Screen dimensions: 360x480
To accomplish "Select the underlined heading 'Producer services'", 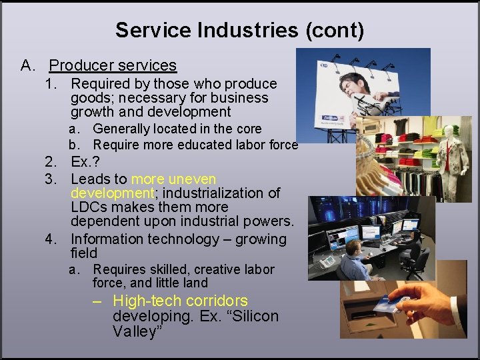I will (113, 65).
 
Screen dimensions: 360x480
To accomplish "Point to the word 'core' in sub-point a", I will (247, 129).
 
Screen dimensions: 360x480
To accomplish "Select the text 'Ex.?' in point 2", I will (86, 163).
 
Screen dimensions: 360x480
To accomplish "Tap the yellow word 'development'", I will (112, 193).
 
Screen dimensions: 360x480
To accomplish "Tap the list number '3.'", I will (51, 179).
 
